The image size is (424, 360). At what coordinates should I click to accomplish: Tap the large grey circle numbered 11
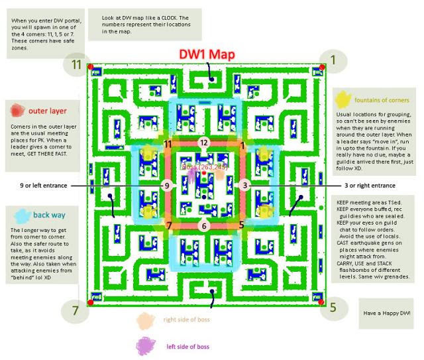tap(76, 64)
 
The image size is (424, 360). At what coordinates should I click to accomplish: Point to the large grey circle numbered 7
tap(76, 310)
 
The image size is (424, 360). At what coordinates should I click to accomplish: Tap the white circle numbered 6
tap(204, 226)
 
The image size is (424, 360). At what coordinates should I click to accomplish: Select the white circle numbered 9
tap(167, 186)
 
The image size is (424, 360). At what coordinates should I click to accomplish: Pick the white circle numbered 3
tap(245, 186)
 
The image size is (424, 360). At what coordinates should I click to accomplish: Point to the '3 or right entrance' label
tap(366, 186)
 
